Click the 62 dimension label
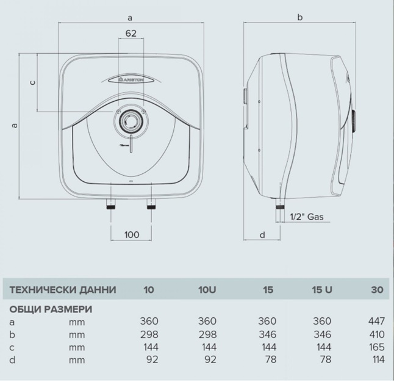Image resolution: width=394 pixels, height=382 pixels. pos(131,33)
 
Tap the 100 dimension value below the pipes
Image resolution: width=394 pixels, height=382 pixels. pos(132,235)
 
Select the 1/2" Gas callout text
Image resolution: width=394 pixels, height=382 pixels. pos(307,217)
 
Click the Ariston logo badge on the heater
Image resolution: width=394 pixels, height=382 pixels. pos(131,80)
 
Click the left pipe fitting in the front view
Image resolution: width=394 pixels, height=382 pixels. pos(111,204)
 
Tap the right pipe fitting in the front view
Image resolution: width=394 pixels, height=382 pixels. pos(151,204)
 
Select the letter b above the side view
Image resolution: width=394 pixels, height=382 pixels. pos(300,17)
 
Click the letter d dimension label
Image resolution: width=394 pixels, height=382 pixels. pos(262,235)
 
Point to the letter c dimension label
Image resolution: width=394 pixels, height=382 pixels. pos(33,82)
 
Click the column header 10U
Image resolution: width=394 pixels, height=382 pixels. pos(207,290)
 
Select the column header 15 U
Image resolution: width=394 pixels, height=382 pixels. pos(322,290)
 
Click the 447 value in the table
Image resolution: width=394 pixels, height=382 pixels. pos(377,321)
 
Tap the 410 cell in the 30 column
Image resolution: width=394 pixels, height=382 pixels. pos(377,334)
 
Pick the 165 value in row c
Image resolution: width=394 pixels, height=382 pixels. pos(377,347)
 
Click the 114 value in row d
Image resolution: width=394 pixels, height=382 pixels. pos(378,359)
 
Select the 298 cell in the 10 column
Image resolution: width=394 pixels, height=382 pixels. pos(149,334)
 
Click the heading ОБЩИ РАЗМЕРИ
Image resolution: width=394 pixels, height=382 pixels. pos(51,309)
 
